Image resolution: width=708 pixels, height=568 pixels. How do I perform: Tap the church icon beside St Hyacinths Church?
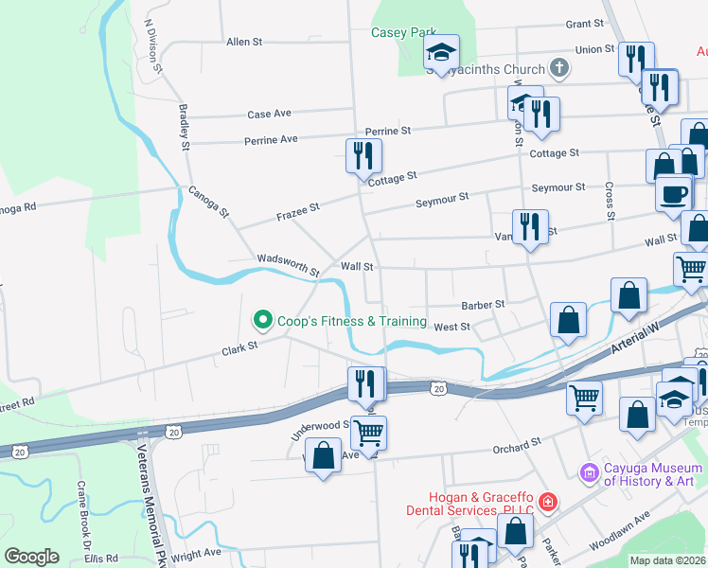tap(560, 68)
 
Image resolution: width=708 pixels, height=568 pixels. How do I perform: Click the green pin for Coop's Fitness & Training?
tap(263, 321)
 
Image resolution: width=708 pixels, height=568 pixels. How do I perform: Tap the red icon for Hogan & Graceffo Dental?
tap(547, 502)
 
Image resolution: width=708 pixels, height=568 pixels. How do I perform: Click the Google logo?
tap(31, 557)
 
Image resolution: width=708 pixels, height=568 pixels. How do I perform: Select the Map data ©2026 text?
tap(667, 560)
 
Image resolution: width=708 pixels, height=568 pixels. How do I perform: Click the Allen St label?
tap(244, 42)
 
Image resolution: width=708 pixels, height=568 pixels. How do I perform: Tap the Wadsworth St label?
tap(288, 264)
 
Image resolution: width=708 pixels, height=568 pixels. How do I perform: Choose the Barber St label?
tap(483, 305)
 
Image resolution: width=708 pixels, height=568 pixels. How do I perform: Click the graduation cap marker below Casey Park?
tap(441, 52)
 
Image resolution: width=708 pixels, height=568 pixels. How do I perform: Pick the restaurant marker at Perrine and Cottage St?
tap(363, 155)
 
